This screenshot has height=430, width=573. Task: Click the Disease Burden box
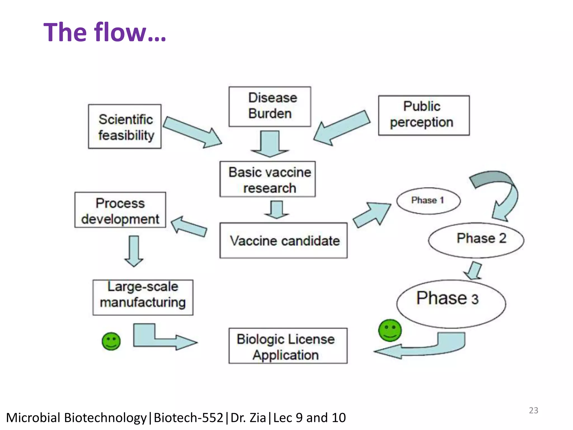(x=270, y=106)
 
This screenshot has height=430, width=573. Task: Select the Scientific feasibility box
(x=125, y=127)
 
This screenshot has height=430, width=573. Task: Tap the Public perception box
(x=424, y=115)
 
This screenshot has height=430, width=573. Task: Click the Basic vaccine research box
(x=267, y=179)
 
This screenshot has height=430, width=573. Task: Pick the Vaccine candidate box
(x=283, y=240)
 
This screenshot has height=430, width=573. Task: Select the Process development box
(x=120, y=210)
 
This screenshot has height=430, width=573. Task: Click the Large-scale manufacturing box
(x=143, y=297)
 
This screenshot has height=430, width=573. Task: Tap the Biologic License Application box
(x=288, y=346)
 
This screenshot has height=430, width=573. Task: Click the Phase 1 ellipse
(x=428, y=201)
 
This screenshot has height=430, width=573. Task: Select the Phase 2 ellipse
(x=476, y=240)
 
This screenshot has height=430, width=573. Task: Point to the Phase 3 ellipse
(x=451, y=304)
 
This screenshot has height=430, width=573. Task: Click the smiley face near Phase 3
(x=390, y=330)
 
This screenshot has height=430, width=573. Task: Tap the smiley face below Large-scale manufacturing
(x=111, y=341)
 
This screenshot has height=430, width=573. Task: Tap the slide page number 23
(x=533, y=410)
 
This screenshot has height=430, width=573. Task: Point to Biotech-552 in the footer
(x=188, y=418)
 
